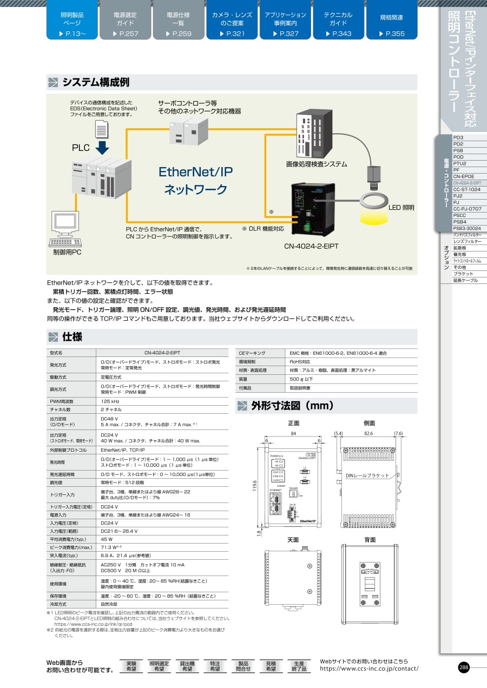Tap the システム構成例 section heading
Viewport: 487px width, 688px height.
(x=96, y=83)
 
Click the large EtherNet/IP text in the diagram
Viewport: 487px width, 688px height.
(x=195, y=172)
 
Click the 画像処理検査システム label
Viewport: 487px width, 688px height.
(x=317, y=164)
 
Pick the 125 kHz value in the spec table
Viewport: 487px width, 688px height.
(x=110, y=401)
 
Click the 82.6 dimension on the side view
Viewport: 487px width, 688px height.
(x=369, y=434)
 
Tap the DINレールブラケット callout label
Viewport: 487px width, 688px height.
(x=367, y=475)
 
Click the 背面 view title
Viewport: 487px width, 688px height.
(x=370, y=540)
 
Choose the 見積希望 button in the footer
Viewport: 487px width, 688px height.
(x=270, y=666)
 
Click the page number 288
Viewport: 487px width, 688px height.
(x=464, y=667)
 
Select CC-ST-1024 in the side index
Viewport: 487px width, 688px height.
(x=466, y=190)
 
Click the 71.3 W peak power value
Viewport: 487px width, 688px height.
(x=110, y=548)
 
